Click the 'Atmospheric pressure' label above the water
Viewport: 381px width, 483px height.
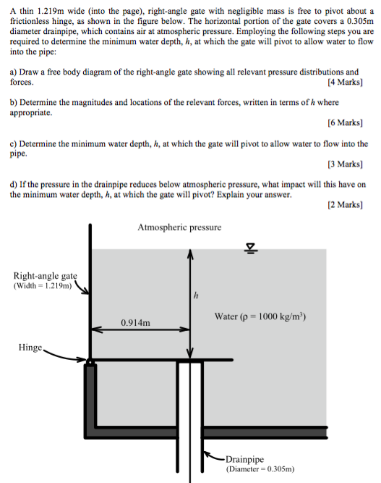[179, 228]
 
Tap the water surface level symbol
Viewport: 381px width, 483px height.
[251, 249]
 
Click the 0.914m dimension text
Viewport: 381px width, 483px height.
[136, 322]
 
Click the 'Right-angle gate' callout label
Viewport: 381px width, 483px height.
[45, 275]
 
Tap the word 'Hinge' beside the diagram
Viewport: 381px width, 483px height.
[30, 348]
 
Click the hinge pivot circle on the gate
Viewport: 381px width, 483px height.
[90, 361]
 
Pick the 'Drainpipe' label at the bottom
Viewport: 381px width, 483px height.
[246, 459]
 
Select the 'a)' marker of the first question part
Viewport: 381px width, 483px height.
[14, 72]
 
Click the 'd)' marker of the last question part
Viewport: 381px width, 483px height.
[14, 185]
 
